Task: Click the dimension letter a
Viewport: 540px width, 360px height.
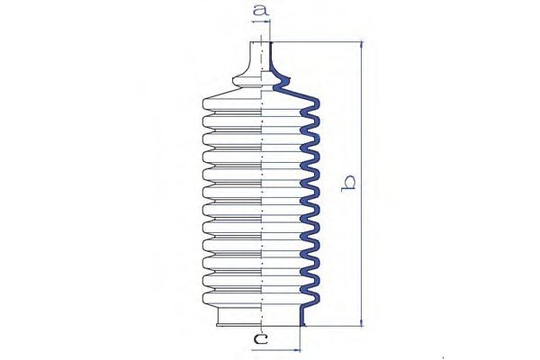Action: tap(261, 10)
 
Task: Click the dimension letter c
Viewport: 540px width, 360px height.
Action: tap(260, 339)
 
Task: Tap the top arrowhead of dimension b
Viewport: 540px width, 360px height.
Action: tap(361, 45)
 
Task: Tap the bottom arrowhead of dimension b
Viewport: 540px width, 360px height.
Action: tap(361, 322)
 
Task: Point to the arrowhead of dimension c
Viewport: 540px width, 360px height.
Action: tap(296, 350)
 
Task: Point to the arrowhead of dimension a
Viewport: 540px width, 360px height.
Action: tap(266, 22)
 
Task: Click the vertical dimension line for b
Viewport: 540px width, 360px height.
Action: tap(361, 184)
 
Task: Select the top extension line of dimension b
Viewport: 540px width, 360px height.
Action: tap(317, 41)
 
